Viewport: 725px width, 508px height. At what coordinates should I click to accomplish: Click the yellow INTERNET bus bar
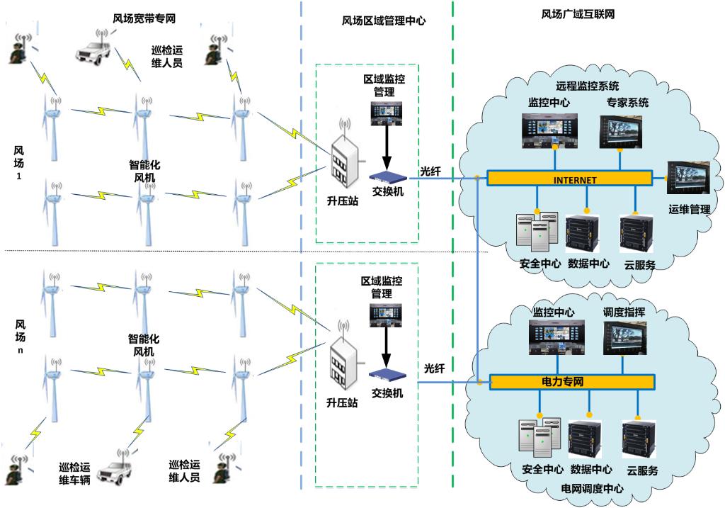click(571, 179)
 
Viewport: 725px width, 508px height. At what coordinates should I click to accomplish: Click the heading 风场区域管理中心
click(383, 21)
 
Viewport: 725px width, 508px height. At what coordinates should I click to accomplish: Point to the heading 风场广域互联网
click(578, 13)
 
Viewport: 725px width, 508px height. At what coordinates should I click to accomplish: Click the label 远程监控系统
click(588, 86)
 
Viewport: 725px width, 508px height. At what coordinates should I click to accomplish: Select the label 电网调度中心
click(592, 489)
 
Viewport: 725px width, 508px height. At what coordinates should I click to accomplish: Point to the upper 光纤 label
click(430, 171)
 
